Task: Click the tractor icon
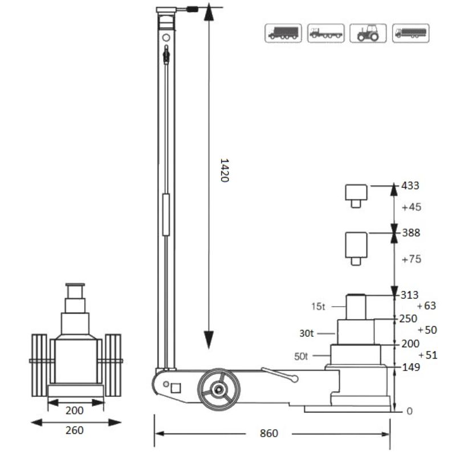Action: click(368, 34)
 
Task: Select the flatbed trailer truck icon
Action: click(326, 34)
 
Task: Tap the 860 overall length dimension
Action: click(269, 434)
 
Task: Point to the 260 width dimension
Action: click(75, 430)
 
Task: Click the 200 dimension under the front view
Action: click(75, 410)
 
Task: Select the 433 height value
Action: click(410, 186)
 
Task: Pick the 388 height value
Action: click(410, 233)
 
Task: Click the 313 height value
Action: click(410, 295)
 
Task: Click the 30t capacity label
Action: click(308, 332)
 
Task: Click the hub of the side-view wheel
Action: click(218, 390)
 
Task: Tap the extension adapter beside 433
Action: click(356, 195)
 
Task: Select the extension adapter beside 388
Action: click(356, 247)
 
